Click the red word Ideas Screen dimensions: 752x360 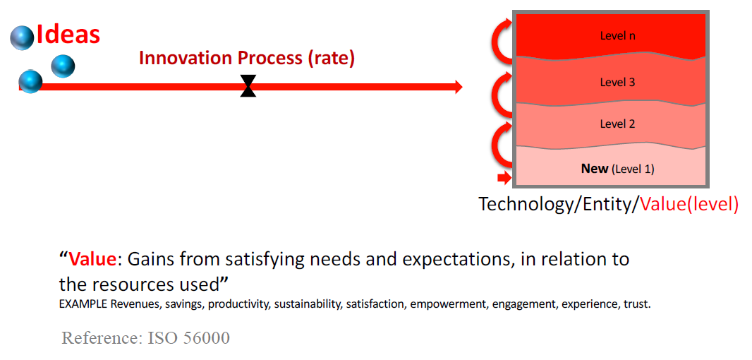point(68,35)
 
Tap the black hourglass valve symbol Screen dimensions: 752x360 point(248,86)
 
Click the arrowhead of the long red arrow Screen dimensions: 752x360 point(458,87)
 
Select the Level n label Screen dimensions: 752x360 point(618,35)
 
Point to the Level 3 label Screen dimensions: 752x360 point(618,82)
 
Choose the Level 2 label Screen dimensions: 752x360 point(618,124)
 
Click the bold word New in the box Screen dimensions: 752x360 point(595,169)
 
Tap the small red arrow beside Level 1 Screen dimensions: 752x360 point(504,179)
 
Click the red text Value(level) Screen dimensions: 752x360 point(690,205)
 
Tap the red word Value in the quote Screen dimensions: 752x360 point(93,260)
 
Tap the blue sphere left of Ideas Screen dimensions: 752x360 point(22,37)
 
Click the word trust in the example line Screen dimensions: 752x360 point(640,304)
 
